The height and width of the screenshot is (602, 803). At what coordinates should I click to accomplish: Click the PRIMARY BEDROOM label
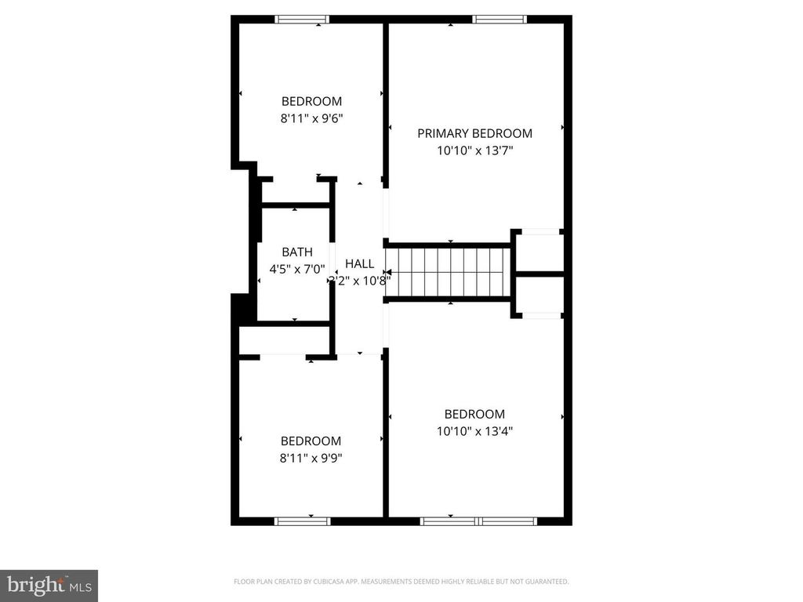tap(474, 133)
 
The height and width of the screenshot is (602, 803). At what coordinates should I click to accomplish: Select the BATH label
tap(297, 252)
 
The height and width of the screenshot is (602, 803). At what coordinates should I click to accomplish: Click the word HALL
tap(359, 263)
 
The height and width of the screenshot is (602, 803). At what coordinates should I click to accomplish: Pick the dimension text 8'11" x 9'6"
tap(311, 118)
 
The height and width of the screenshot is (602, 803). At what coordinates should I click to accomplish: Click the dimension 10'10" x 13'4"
tap(474, 430)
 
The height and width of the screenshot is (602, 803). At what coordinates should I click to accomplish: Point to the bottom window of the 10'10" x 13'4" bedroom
tap(478, 520)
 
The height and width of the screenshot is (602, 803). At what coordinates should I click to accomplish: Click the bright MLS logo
tap(49, 585)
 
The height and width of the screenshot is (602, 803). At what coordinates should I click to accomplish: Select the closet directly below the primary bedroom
tap(539, 251)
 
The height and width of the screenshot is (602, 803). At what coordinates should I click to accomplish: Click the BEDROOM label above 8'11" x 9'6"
tap(311, 101)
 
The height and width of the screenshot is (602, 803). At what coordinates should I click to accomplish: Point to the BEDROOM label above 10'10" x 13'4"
tap(474, 414)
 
